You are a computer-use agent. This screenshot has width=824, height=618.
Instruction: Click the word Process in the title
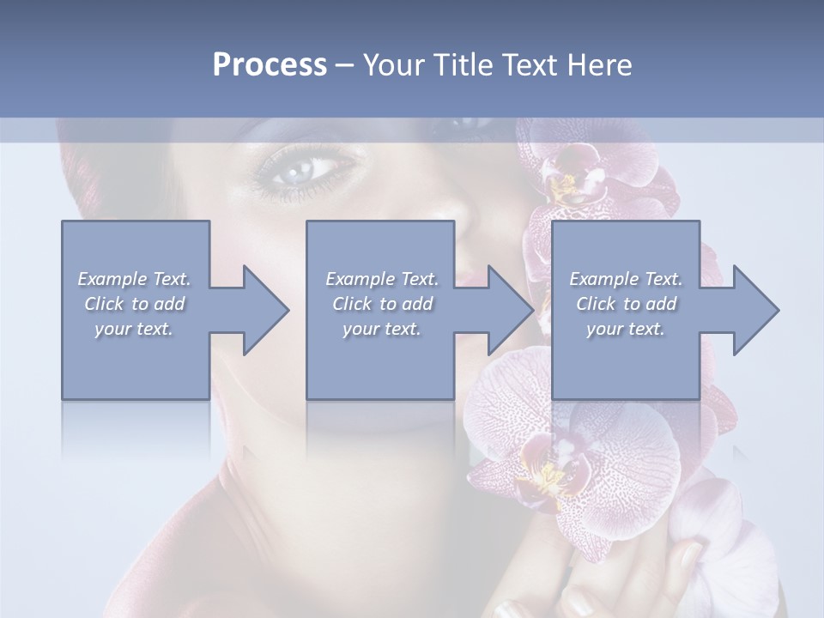click(x=270, y=65)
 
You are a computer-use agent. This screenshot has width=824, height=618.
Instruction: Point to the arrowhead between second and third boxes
click(x=510, y=310)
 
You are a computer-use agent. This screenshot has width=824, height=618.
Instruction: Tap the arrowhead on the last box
click(x=754, y=310)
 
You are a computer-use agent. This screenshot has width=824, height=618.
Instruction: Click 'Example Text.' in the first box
click(x=134, y=279)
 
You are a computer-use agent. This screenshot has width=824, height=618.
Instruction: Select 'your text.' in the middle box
click(x=381, y=329)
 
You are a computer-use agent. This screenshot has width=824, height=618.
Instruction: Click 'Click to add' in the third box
click(x=626, y=304)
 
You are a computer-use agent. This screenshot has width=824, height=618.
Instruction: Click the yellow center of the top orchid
click(x=565, y=184)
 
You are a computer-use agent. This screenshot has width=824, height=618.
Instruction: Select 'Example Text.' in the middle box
click(x=382, y=279)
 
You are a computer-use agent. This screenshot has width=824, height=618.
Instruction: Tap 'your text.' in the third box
click(x=626, y=329)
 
